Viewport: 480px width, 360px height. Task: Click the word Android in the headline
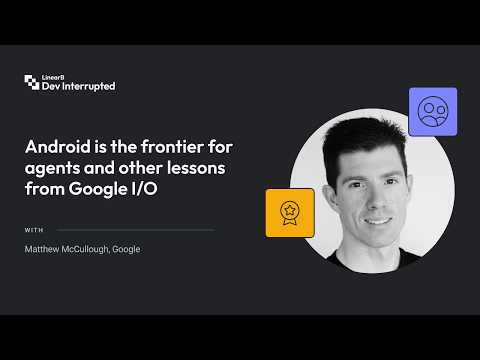[58, 147]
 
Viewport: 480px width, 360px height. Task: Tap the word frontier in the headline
[172, 147]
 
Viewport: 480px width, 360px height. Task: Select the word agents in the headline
[52, 169]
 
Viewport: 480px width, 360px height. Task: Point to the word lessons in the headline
[196, 168]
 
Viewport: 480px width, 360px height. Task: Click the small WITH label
[34, 230]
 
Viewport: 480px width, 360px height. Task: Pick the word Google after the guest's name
[126, 249]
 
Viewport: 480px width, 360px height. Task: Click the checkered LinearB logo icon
[32, 82]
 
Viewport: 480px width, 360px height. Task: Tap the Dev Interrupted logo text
[79, 86]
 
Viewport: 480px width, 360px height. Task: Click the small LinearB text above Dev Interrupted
[53, 77]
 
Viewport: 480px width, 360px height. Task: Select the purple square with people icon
[433, 112]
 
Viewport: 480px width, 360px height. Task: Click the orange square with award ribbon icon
[290, 213]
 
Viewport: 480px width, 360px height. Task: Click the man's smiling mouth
[378, 221]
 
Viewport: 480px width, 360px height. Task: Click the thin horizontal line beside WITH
[135, 230]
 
